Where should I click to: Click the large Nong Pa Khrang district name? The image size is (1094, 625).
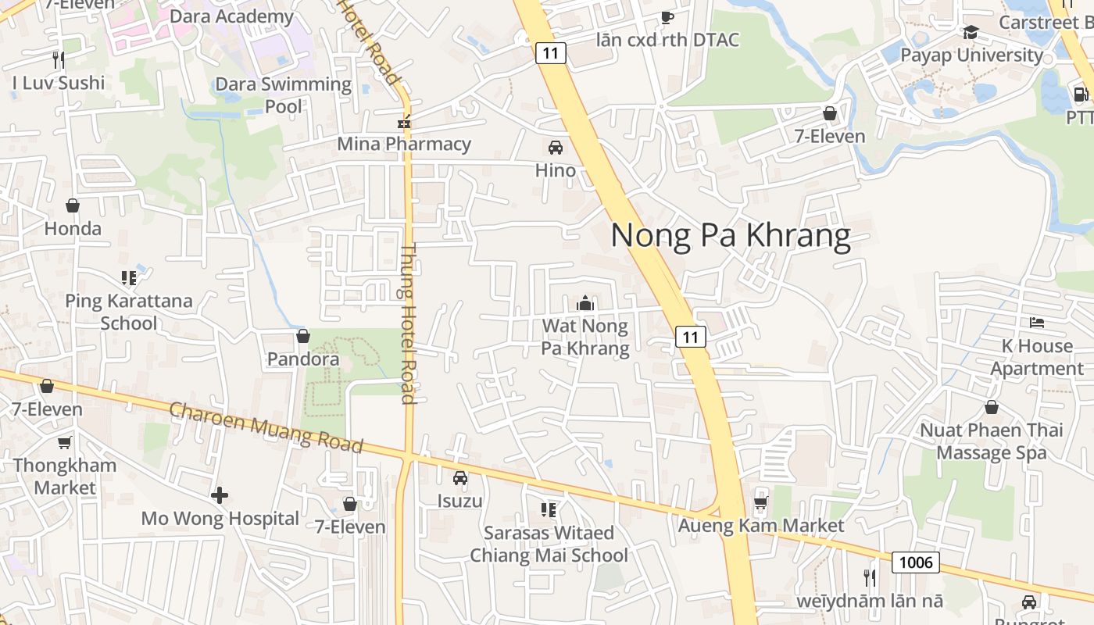(x=730, y=235)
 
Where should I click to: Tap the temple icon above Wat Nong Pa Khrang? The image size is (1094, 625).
(x=585, y=303)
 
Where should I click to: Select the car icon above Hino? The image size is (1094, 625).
(x=556, y=147)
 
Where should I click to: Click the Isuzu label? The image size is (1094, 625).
(x=459, y=501)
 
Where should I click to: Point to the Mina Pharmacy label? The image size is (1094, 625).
(x=404, y=144)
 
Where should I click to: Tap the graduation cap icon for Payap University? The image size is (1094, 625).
(x=971, y=32)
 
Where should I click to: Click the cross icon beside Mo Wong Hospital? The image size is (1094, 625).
(x=220, y=495)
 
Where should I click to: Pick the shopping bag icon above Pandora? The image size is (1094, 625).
(x=303, y=336)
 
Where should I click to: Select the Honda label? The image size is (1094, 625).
(x=73, y=228)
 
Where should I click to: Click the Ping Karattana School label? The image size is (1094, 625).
(x=128, y=312)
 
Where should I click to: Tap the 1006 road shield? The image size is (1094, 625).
(x=915, y=562)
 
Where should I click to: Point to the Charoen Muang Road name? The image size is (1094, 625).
(x=266, y=427)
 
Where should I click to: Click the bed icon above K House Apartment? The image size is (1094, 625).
(x=1037, y=322)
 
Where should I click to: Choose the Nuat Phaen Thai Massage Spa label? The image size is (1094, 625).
(x=991, y=441)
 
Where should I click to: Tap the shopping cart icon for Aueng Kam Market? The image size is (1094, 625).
(x=761, y=502)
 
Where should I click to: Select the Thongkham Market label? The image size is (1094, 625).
(x=65, y=476)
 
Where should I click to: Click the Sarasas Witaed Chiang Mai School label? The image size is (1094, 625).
(x=549, y=544)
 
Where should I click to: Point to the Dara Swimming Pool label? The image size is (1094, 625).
(x=283, y=95)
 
